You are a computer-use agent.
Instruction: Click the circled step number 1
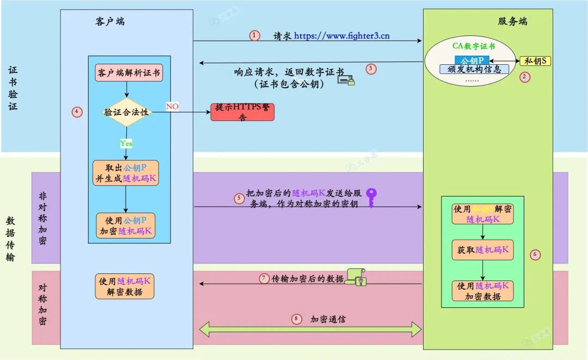[x=255, y=35]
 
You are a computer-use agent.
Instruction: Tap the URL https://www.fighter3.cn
[x=342, y=36]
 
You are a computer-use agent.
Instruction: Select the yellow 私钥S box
[x=536, y=60]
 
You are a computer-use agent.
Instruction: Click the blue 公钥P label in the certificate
[x=471, y=60]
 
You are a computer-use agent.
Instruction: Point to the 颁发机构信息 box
[x=474, y=69]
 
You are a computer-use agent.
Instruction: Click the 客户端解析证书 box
[x=129, y=73]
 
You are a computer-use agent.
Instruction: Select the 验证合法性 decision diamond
[x=126, y=113]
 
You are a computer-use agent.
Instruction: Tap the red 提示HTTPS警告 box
[x=242, y=112]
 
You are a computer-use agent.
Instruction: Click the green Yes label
[x=126, y=143]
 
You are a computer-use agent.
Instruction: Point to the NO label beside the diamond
[x=172, y=106]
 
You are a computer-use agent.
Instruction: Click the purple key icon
[x=371, y=197]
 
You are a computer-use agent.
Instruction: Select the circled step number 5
[x=239, y=198]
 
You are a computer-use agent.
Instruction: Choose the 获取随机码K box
[x=483, y=249]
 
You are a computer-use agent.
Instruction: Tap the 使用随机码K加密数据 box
[x=483, y=291]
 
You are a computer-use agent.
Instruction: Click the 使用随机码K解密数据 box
[x=125, y=286]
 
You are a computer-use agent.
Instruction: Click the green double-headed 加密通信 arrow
[x=311, y=329]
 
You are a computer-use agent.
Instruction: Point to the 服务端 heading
[x=512, y=22]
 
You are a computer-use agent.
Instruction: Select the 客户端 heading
[x=110, y=22]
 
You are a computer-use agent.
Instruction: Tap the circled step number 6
[x=535, y=254]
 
